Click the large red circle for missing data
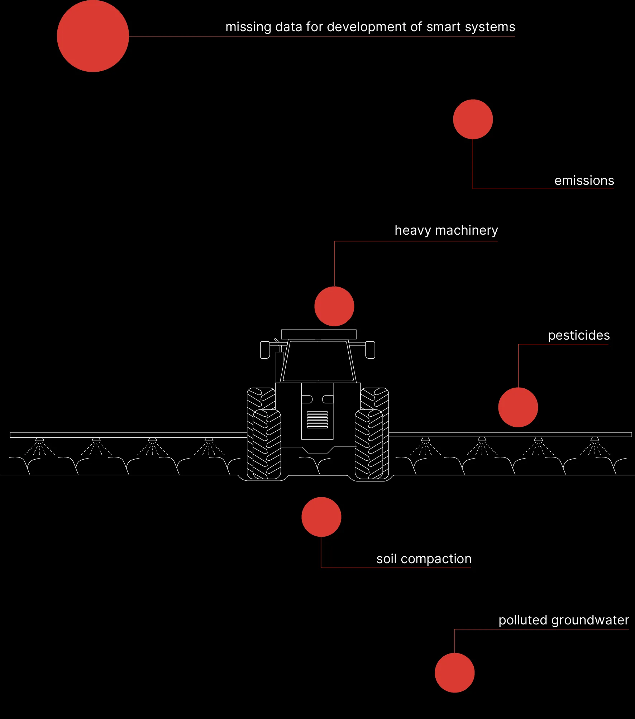click(93, 36)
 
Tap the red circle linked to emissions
click(473, 119)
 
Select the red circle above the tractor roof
click(334, 306)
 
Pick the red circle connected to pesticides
click(518, 407)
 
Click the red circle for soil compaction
click(321, 517)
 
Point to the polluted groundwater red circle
click(454, 673)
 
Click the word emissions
click(584, 181)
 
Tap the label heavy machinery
click(446, 230)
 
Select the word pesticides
click(579, 335)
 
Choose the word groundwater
click(590, 620)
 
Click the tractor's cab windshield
click(318, 361)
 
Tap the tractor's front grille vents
click(317, 420)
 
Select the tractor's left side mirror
click(265, 350)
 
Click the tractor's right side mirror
click(370, 350)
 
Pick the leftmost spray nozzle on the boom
click(39, 439)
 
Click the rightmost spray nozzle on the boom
click(595, 439)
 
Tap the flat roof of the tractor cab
click(319, 334)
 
